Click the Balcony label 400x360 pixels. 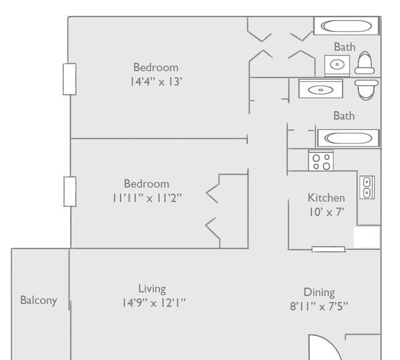(39, 300)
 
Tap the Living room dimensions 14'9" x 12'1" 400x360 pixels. (154, 303)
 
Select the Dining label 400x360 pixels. (319, 292)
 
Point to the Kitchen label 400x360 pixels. (326, 198)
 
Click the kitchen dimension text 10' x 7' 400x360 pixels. (327, 212)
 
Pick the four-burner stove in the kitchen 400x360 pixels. (321, 161)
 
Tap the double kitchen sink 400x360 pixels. (367, 188)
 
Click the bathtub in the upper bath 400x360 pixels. (346, 26)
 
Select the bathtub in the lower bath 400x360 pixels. (348, 138)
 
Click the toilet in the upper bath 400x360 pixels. (364, 63)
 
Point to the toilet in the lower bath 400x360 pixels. (367, 90)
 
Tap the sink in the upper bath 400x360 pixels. (337, 66)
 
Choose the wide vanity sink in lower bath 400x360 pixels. (321, 89)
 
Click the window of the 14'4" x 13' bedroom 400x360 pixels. (70, 79)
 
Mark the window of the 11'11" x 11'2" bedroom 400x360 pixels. (70, 191)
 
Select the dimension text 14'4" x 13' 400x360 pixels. (156, 82)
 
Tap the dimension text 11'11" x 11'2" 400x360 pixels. (147, 198)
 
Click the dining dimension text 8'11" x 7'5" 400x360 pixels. (319, 306)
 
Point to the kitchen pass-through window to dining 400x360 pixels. (329, 249)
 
